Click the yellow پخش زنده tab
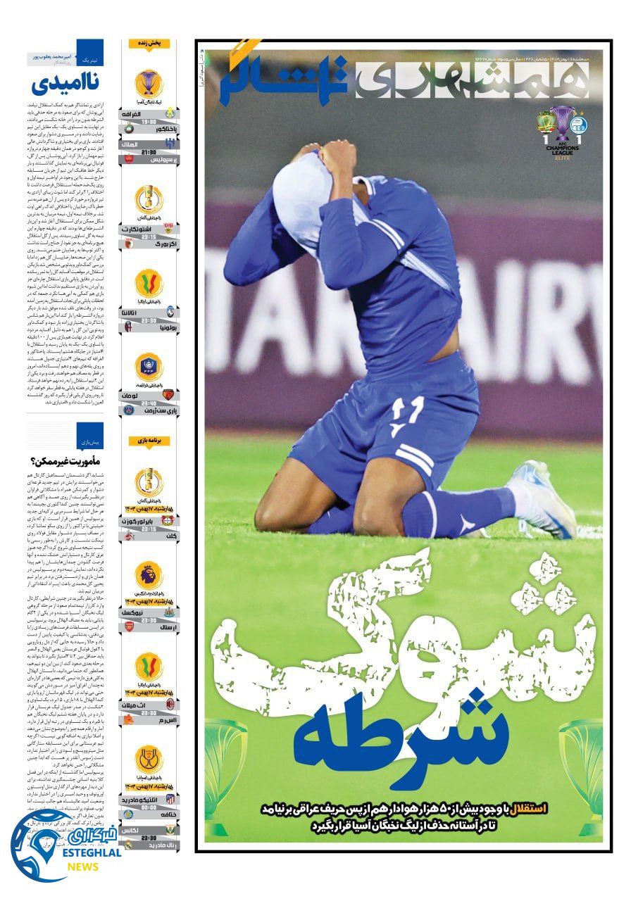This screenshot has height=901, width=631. pyautogui.click(x=149, y=44)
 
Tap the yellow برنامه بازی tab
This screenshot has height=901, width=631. pyautogui.click(x=149, y=440)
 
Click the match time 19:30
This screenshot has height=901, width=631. pyautogui.click(x=148, y=121)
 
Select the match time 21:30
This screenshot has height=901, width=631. pyautogui.click(x=148, y=151)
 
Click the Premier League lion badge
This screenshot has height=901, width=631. pyautogui.click(x=149, y=575)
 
